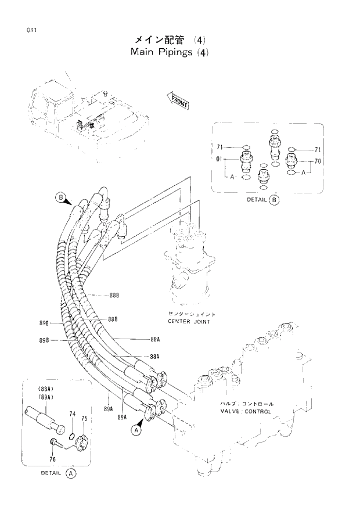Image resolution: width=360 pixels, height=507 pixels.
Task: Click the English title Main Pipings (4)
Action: click(x=169, y=52)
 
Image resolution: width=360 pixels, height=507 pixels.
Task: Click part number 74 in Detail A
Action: click(x=73, y=414)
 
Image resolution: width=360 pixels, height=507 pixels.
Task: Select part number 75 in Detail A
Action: click(x=84, y=418)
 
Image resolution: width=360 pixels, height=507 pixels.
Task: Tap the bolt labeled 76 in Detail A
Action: click(x=53, y=444)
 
